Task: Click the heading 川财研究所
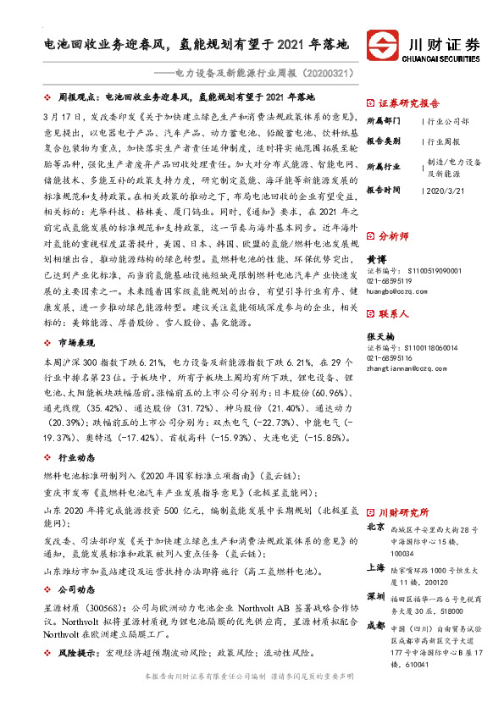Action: (404, 512)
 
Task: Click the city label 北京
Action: (374, 527)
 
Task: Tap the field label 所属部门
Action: (384, 122)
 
